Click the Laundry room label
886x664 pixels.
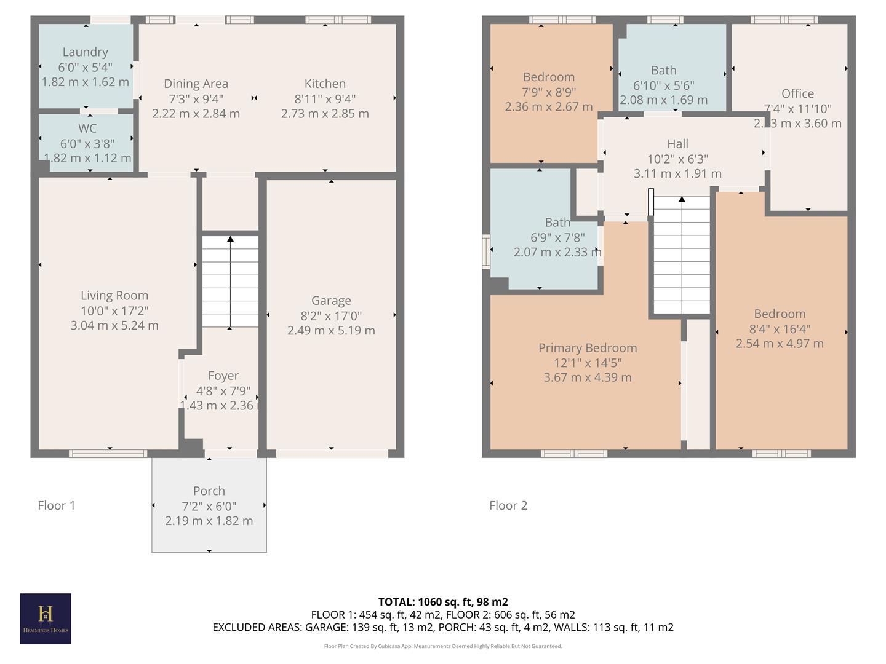click(85, 52)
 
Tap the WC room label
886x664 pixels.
click(87, 128)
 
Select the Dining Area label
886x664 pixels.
click(196, 84)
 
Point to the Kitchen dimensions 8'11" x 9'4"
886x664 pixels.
click(325, 98)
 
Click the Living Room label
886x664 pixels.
click(114, 296)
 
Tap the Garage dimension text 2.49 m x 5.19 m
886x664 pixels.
click(331, 331)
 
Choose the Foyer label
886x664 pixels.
click(223, 376)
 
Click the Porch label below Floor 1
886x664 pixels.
click(209, 491)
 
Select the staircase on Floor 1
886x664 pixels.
click(230, 282)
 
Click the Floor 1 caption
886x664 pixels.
click(57, 505)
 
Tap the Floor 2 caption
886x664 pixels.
click(508, 505)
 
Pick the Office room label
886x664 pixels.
click(797, 93)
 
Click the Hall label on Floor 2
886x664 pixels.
click(677, 144)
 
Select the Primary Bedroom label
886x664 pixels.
click(588, 348)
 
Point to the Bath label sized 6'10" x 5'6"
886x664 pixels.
click(664, 71)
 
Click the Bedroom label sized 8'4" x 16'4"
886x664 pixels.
click(780, 314)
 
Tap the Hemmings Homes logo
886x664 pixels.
click(46, 619)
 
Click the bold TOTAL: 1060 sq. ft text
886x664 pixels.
click(443, 602)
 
